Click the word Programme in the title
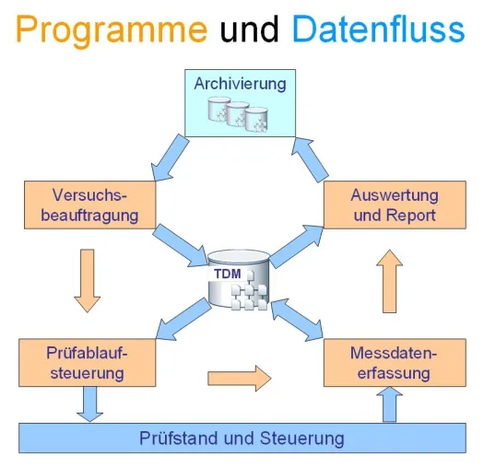click(112, 30)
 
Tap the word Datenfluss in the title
click(378, 29)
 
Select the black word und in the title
click(250, 29)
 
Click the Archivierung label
click(240, 84)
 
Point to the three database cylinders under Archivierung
click(238, 114)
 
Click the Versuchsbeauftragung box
click(89, 205)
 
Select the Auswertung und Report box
click(395, 205)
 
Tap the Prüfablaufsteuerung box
click(87, 362)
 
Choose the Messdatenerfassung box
click(395, 362)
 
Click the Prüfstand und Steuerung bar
click(242, 439)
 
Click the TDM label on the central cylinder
click(228, 274)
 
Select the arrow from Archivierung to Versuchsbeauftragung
click(170, 158)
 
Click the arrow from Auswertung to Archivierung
click(310, 159)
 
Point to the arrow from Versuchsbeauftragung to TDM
click(181, 245)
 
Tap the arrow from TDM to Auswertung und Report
click(297, 246)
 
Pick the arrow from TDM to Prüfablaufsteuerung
click(183, 319)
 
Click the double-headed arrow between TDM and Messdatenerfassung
click(297, 320)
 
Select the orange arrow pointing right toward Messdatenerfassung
click(240, 379)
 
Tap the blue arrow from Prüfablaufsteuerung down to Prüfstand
click(89, 404)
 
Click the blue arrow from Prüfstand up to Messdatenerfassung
click(390, 404)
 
